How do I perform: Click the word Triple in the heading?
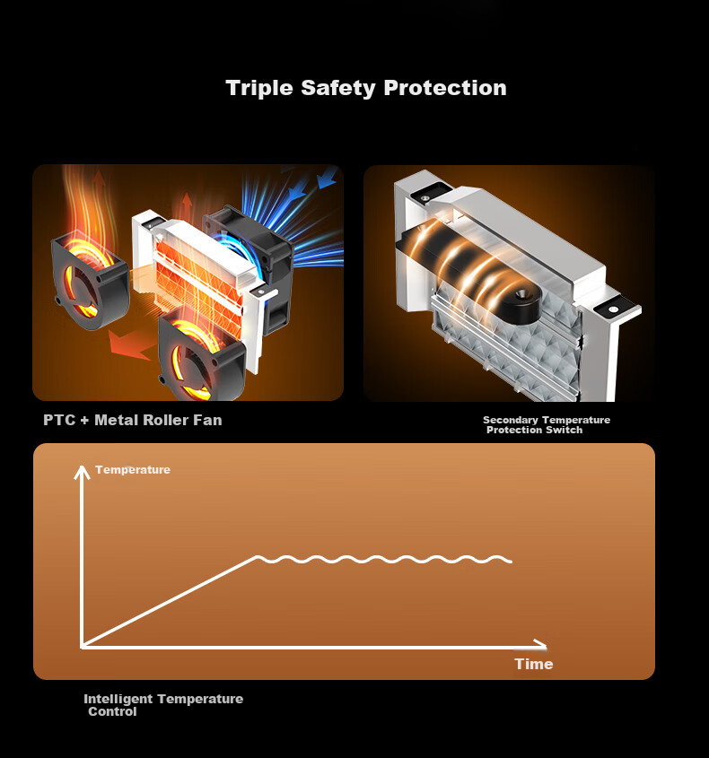[259, 89]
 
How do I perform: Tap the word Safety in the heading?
[338, 89]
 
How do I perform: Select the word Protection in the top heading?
[445, 88]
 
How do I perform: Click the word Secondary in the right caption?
[511, 420]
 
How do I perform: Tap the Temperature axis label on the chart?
[133, 470]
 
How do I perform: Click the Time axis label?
[533, 664]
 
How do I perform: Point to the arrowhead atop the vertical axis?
[83, 471]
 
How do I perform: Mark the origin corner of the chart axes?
[83, 646]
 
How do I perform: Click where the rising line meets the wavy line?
[256, 557]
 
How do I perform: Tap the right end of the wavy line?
[512, 562]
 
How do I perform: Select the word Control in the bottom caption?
[112, 711]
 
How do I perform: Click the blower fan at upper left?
[90, 282]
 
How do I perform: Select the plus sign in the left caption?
[84, 421]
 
